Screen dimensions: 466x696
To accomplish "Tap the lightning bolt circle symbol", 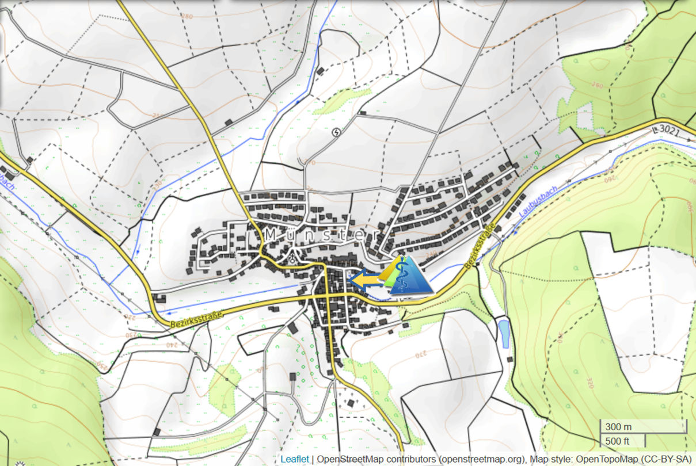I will (337, 133).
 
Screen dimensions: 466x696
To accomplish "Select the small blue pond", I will (504, 334).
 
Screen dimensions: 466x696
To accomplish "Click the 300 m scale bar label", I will (619, 427).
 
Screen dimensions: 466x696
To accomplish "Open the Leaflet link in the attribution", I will (294, 459).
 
